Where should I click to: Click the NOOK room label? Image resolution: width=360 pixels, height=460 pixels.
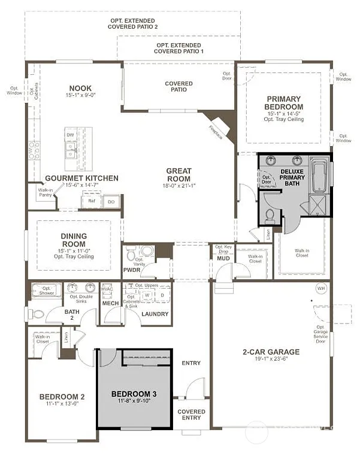[x=80, y=87]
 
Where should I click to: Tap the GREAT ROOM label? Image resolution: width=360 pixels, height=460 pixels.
[x=179, y=174]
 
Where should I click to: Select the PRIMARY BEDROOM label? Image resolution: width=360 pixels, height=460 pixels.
[x=285, y=102]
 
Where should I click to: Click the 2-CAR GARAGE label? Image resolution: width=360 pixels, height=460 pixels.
[x=271, y=352]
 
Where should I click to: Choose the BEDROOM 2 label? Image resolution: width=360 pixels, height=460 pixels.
[x=62, y=397]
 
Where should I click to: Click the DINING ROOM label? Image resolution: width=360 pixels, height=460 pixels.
[x=73, y=240]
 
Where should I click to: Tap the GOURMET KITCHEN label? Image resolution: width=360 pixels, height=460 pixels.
[x=81, y=178]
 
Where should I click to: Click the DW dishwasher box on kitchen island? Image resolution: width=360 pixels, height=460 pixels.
[x=71, y=135]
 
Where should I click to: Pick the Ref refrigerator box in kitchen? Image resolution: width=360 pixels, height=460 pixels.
[x=92, y=202]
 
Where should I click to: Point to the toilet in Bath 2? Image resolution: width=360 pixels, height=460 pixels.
[x=38, y=313]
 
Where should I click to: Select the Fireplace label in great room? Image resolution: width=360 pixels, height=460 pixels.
[x=216, y=132]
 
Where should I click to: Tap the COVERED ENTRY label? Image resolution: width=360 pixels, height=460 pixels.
[x=191, y=415]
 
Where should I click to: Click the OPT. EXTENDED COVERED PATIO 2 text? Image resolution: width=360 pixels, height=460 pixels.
[x=134, y=23]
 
